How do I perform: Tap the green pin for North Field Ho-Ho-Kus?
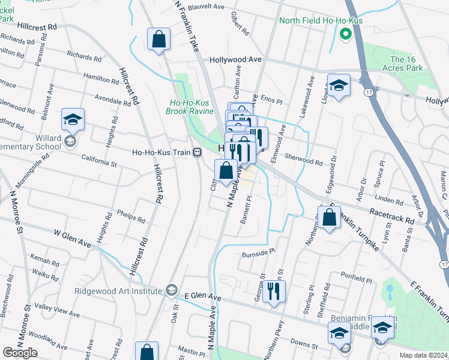[x=345, y=34]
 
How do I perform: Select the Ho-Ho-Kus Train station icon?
[x=196, y=152]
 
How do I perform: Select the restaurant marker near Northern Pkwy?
[x=274, y=292]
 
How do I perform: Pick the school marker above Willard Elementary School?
[x=73, y=119]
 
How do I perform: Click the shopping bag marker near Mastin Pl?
[x=146, y=352]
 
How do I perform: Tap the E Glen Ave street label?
[x=203, y=296]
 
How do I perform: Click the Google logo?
[x=20, y=353]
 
